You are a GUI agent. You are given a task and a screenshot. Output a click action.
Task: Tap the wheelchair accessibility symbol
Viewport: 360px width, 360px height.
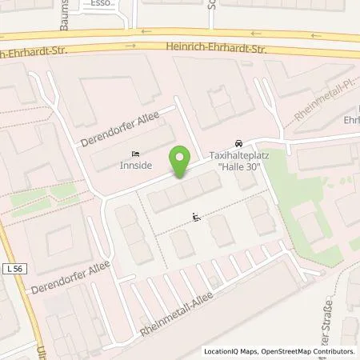point(197,216)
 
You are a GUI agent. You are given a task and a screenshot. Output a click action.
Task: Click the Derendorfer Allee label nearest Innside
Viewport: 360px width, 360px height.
point(119,130)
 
